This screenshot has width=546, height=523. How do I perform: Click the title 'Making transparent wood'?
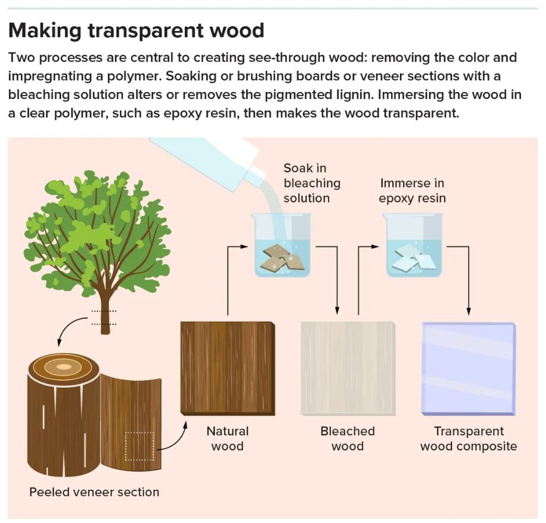136,30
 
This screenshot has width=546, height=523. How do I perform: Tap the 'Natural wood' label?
227,438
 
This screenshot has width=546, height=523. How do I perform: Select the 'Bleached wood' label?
348,438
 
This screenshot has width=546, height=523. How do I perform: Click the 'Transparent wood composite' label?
468,438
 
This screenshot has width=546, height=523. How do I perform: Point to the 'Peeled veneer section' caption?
94,492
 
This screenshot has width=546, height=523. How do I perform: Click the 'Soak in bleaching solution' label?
311,183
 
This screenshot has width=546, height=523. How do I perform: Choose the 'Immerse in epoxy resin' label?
412,190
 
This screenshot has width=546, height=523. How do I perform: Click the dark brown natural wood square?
228,367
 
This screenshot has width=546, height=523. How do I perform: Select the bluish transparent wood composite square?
468,368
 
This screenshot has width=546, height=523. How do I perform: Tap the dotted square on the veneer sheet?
139,446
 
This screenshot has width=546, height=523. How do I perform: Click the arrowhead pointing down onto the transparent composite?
468,310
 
